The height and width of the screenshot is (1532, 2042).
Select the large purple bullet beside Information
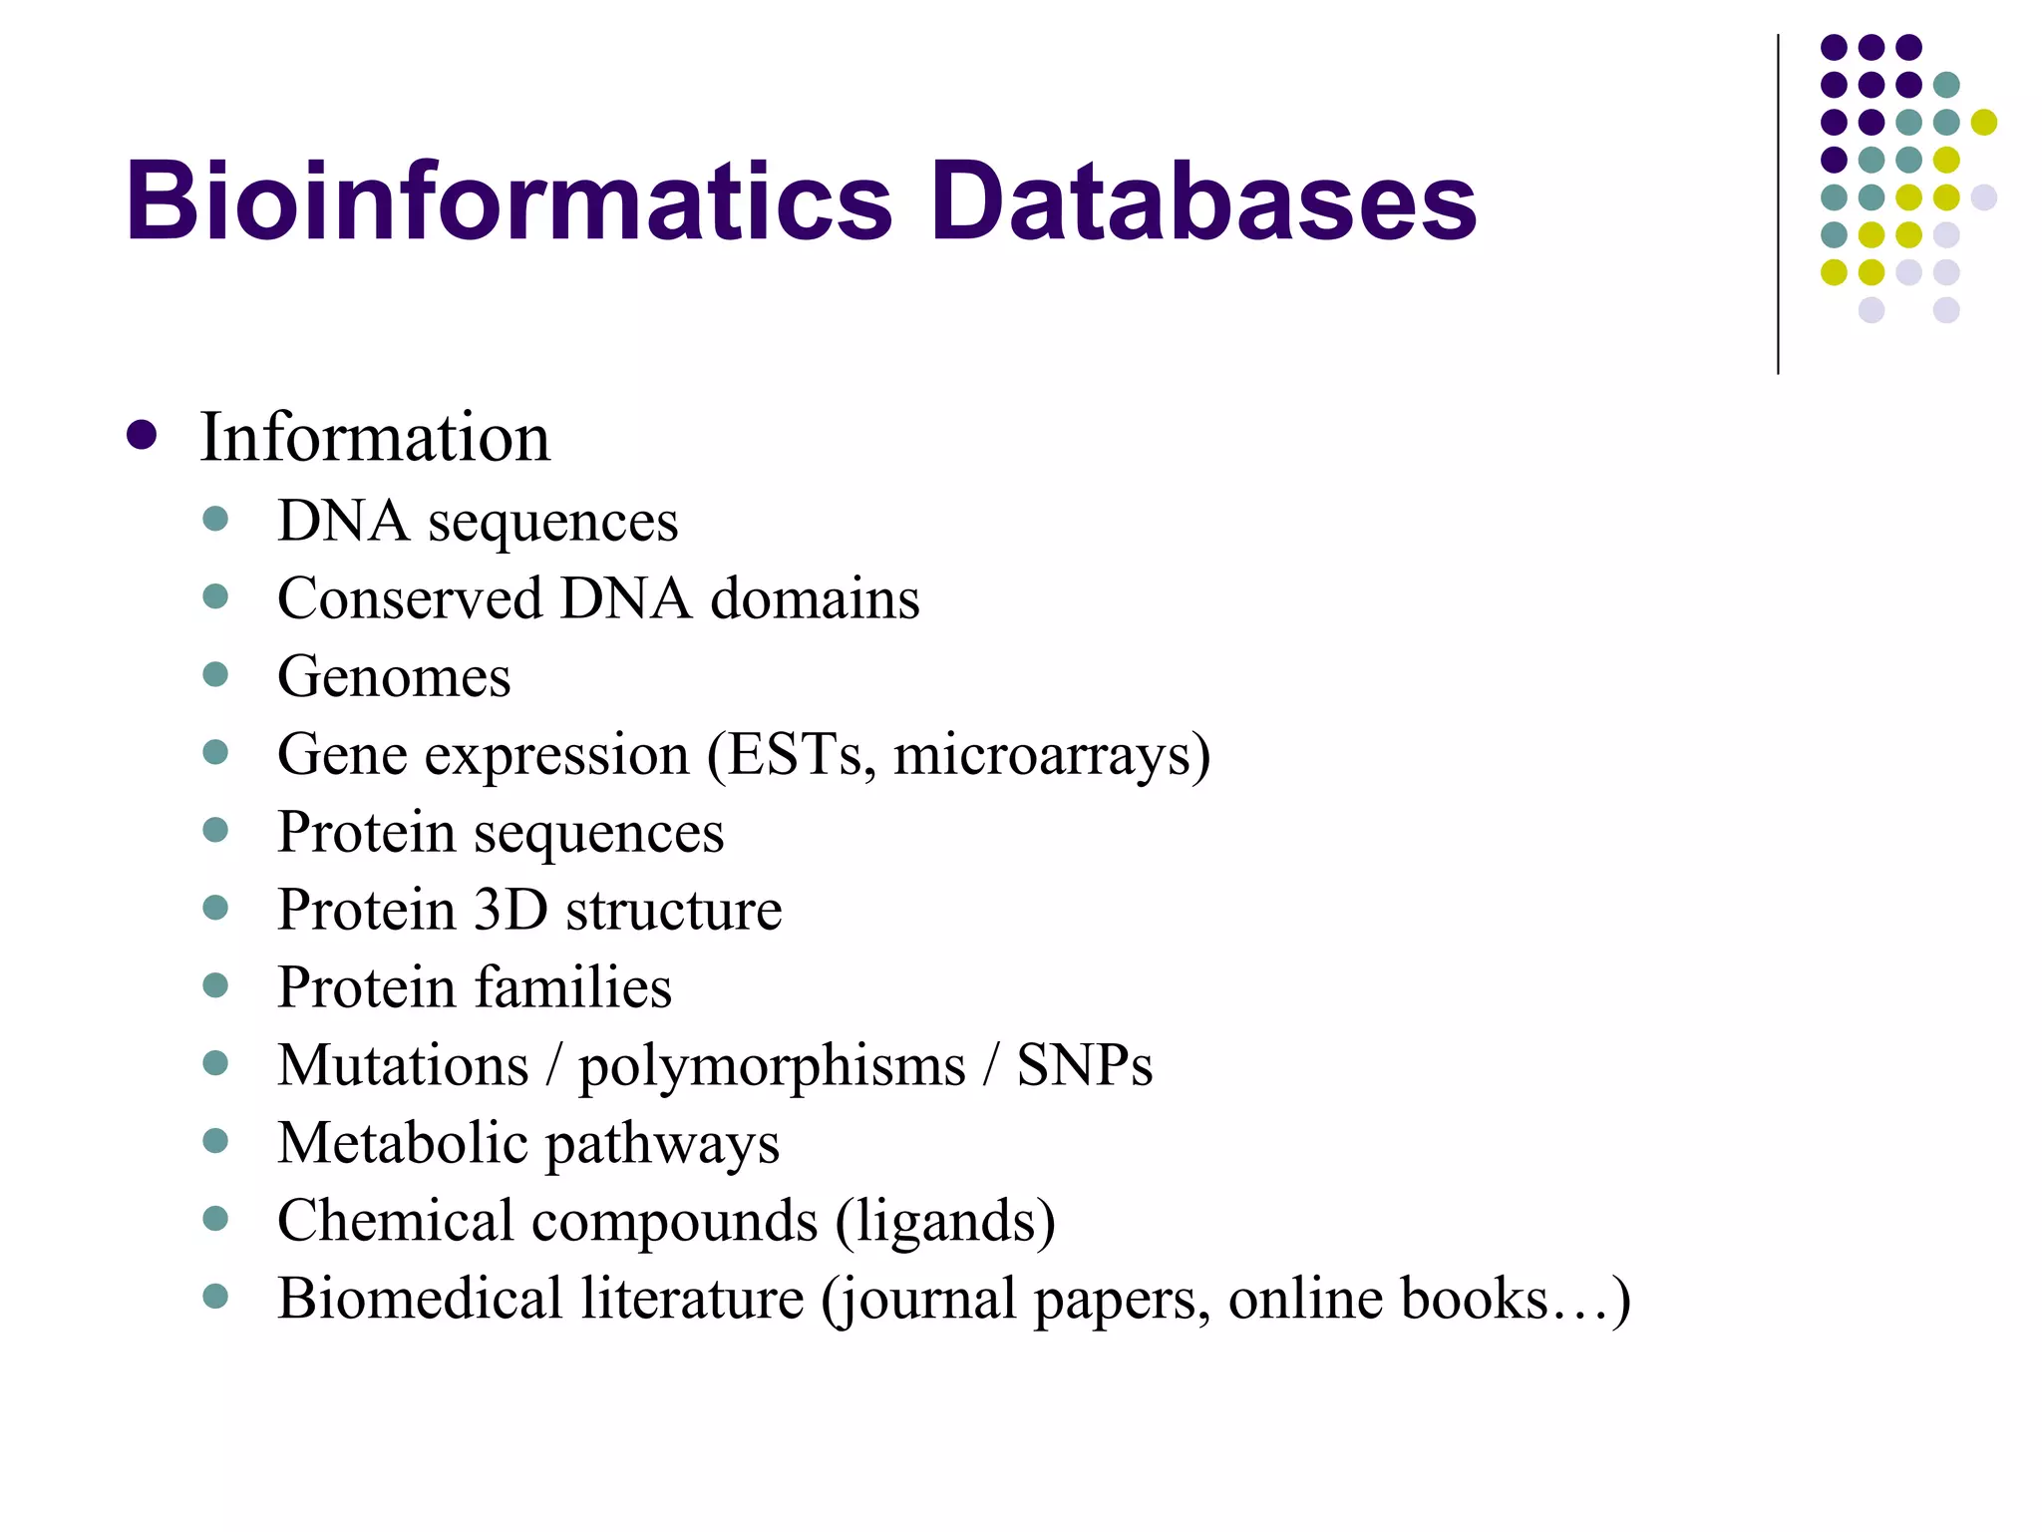click(142, 435)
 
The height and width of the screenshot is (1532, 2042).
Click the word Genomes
click(394, 676)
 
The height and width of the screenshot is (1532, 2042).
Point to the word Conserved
click(410, 598)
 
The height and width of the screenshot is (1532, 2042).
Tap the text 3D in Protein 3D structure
click(510, 910)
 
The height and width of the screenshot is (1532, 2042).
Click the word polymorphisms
click(772, 1065)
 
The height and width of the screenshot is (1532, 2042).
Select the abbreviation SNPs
click(1084, 1065)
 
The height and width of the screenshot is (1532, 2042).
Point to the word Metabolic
click(402, 1143)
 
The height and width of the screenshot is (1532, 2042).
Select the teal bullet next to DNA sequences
click(215, 519)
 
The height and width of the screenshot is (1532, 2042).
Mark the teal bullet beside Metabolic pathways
click(215, 1141)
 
